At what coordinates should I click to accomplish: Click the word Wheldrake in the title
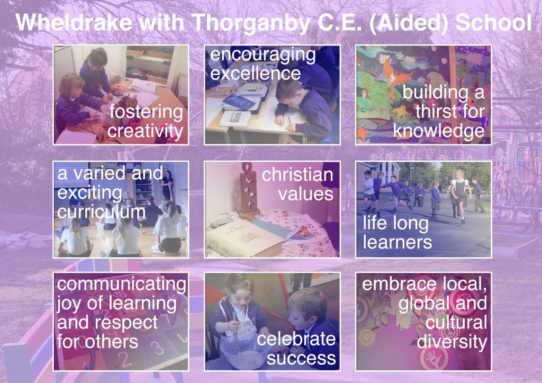pos(74,22)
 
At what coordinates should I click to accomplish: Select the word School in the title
pos(493,22)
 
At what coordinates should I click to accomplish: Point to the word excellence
pos(256,73)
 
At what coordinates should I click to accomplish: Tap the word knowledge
pos(439,131)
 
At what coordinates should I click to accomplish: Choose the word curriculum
pos(101,212)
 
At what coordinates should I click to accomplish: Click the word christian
pos(297,175)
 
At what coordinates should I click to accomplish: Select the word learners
pos(397,242)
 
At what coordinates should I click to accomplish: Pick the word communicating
pos(122,285)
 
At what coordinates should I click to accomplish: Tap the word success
pos(301,359)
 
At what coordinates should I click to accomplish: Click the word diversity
pos(452,342)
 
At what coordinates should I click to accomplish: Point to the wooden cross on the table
pos(249,191)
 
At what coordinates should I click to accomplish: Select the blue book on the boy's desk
pos(238,102)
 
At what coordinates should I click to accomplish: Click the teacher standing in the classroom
pos(168,185)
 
